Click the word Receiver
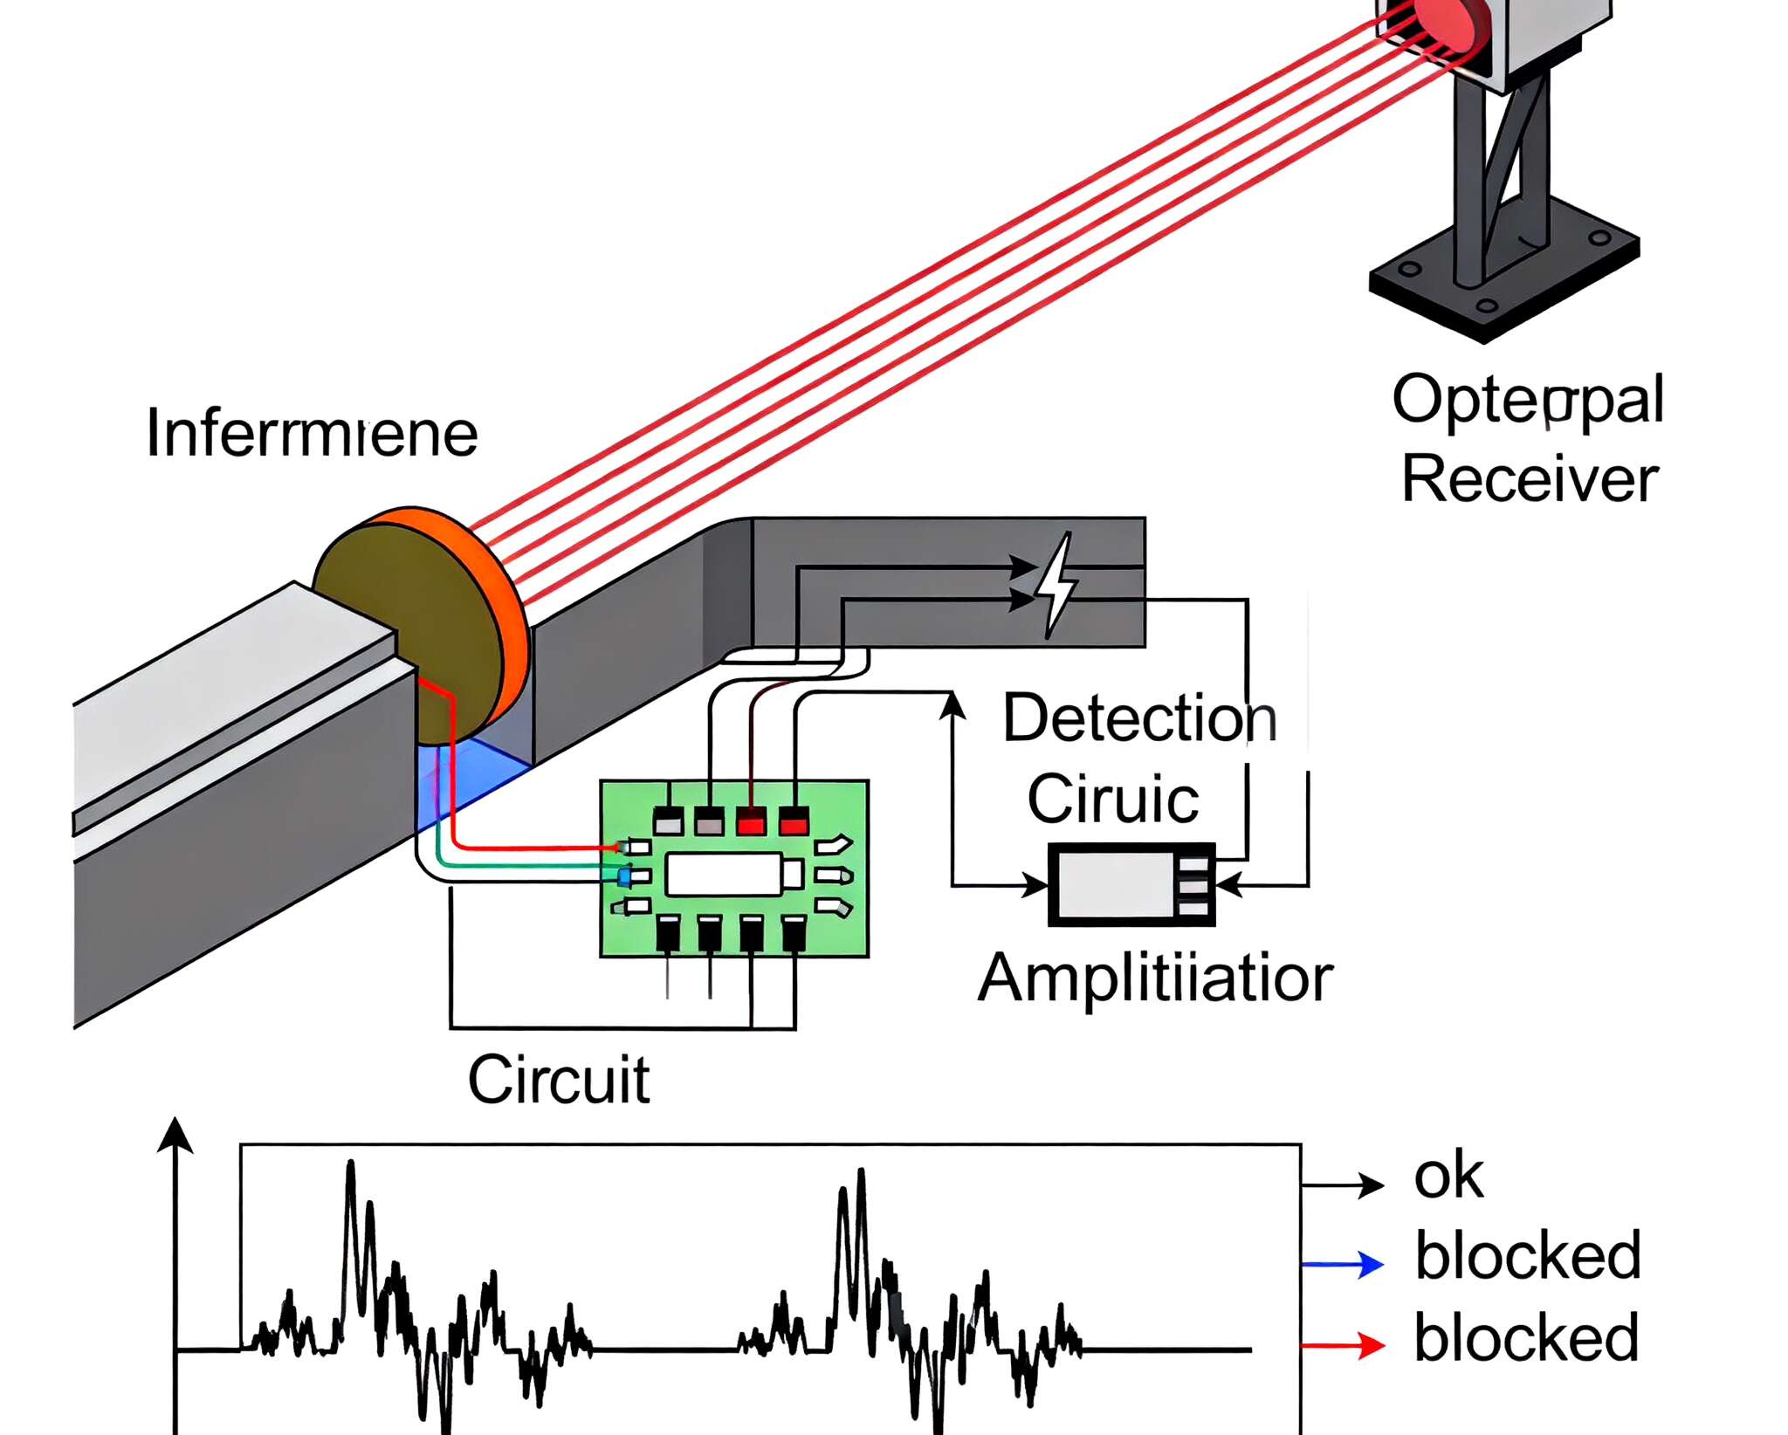click(x=1530, y=479)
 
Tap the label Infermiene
click(x=312, y=433)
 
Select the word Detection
click(x=1139, y=718)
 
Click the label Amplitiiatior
click(x=1155, y=978)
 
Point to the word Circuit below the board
click(x=559, y=1080)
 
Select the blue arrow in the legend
click(x=1344, y=1263)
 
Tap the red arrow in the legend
click(x=1344, y=1345)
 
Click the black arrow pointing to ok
click(x=1344, y=1184)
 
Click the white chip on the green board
click(x=724, y=874)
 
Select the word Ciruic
click(x=1112, y=799)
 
